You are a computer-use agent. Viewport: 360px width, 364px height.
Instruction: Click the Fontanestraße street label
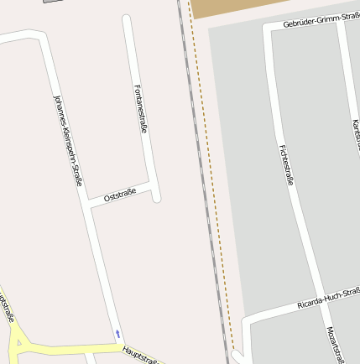(141, 109)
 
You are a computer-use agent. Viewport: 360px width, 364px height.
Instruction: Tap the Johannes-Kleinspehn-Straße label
(68, 139)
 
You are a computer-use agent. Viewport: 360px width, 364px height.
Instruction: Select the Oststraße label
(120, 195)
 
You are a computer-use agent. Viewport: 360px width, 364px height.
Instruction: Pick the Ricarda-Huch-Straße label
(328, 298)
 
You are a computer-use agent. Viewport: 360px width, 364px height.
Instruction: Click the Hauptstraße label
(139, 355)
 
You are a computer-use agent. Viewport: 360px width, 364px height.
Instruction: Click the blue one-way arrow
(118, 334)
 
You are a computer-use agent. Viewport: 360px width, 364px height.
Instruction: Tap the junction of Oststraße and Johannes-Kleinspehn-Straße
(90, 204)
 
